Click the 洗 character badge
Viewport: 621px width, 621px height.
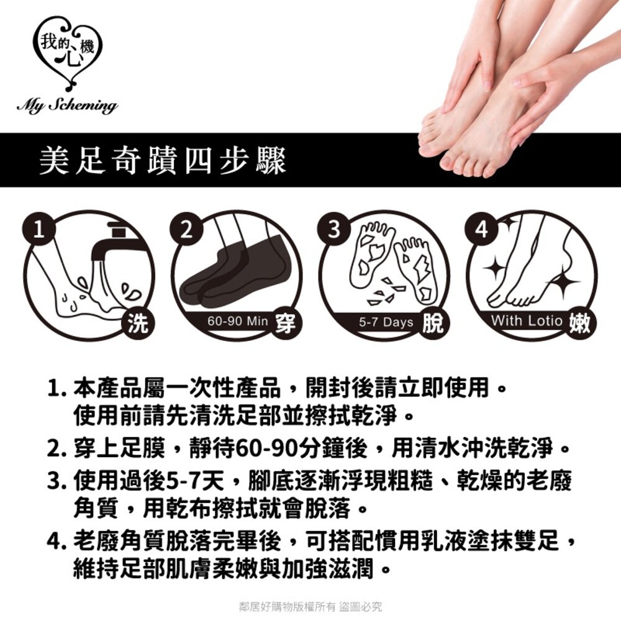click(137, 324)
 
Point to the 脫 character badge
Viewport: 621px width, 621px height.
click(432, 324)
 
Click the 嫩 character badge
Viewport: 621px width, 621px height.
click(579, 324)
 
